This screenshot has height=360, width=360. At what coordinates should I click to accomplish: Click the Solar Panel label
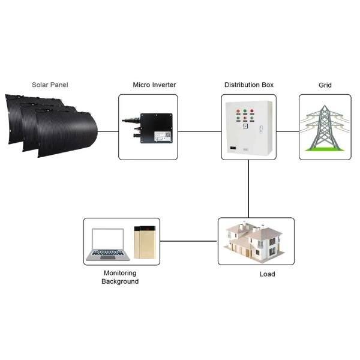point(50,85)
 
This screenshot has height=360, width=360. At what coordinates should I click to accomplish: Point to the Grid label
point(325,85)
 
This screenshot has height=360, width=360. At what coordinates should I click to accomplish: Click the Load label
point(267,274)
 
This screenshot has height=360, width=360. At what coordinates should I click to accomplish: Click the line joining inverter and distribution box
point(199,130)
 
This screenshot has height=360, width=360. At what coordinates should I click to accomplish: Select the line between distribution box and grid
point(287,130)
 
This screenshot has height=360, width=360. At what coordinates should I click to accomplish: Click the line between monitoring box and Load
point(188,241)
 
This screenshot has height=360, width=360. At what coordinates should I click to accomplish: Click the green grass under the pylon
point(325,147)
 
